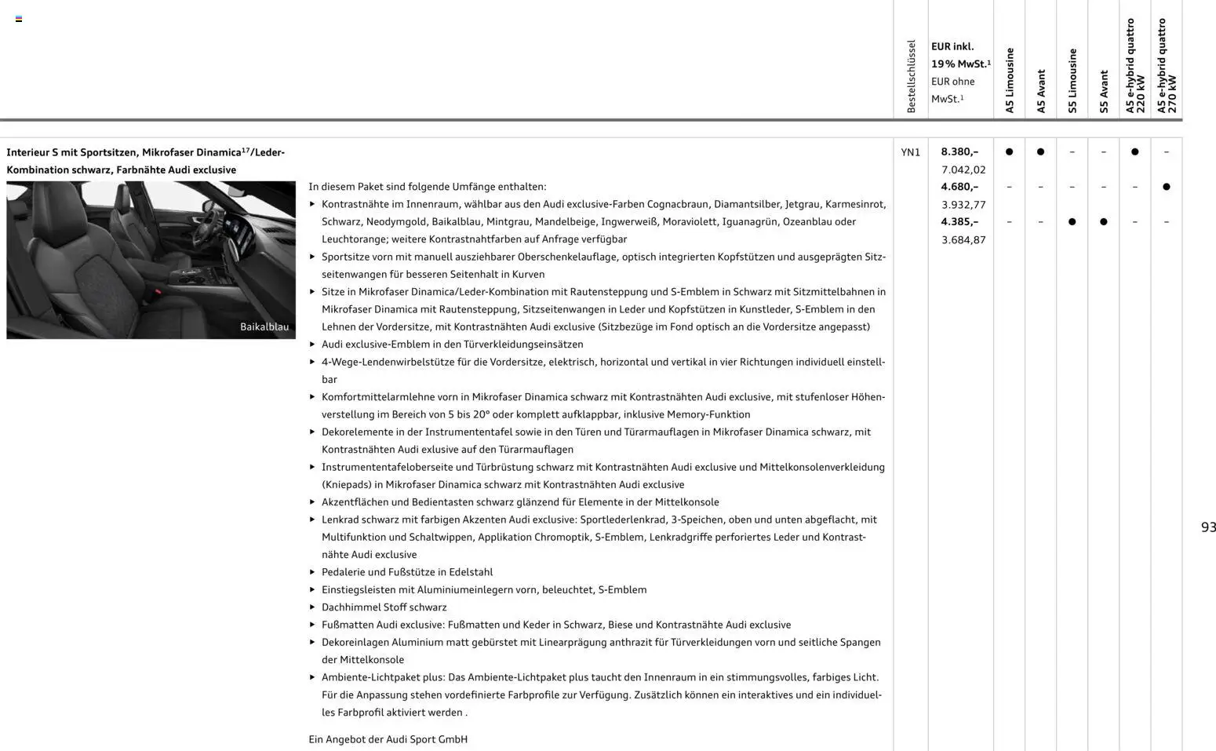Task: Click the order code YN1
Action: [x=910, y=152]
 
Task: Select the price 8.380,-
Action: [x=959, y=151]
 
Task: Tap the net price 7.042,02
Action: [x=963, y=170]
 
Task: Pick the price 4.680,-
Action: [x=959, y=187]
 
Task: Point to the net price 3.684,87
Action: [x=963, y=239]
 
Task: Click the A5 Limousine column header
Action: [x=1009, y=80]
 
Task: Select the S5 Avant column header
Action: [x=1103, y=91]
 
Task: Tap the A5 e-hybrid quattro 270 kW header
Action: [x=1166, y=66]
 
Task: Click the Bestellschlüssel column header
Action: [x=910, y=76]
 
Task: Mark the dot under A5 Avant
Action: [x=1040, y=151]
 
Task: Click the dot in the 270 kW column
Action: [x=1166, y=187]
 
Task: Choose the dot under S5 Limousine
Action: [x=1072, y=222]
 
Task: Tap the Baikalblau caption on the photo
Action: [x=264, y=326]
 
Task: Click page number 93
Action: [x=1208, y=527]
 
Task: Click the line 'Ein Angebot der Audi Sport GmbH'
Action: [x=388, y=739]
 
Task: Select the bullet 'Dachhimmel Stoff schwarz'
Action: [x=384, y=607]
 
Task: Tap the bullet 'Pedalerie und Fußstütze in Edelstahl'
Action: [x=406, y=572]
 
